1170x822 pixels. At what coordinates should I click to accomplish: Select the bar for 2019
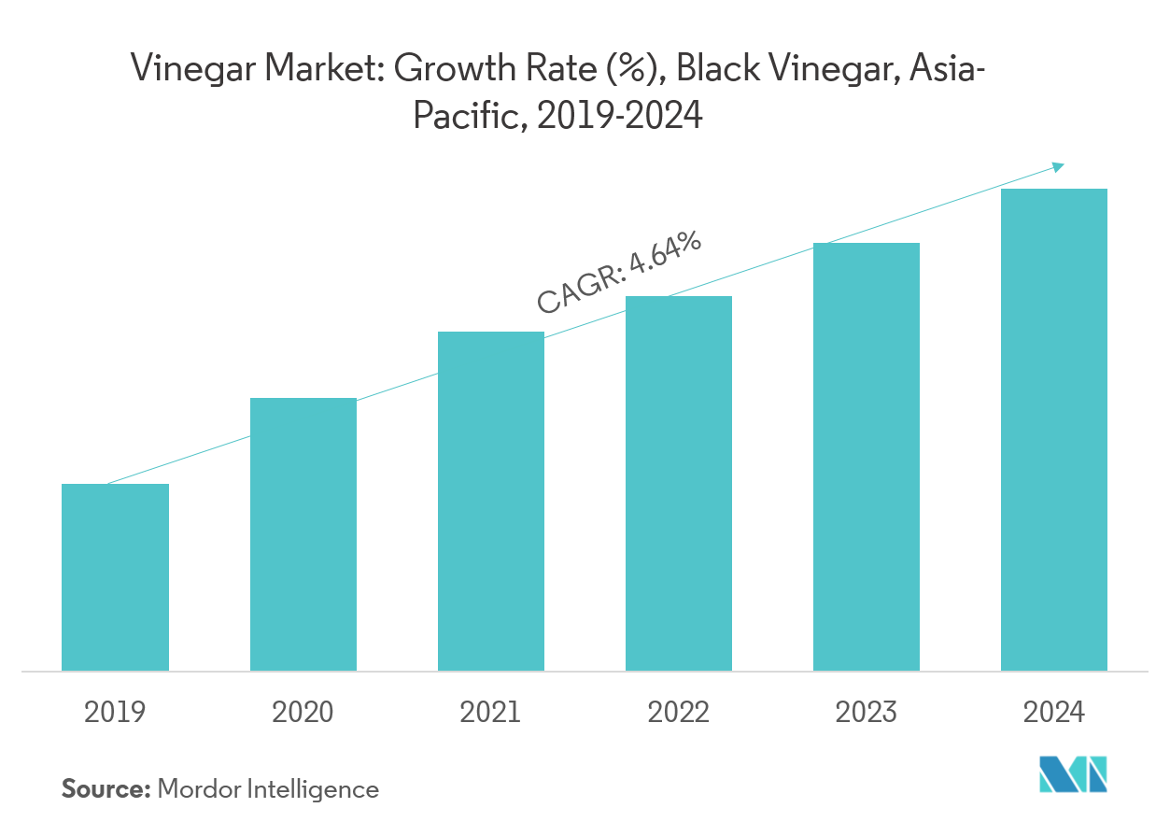click(115, 577)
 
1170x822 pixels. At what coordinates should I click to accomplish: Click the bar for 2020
click(303, 534)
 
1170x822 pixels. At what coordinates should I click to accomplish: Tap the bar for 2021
click(491, 501)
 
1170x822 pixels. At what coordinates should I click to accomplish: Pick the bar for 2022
click(679, 483)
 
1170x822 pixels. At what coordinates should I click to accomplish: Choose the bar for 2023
click(867, 457)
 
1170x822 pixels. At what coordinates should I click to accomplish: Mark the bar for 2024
click(1054, 430)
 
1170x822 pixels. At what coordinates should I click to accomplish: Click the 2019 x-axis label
click(115, 714)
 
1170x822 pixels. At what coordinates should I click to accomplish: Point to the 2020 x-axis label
click(303, 714)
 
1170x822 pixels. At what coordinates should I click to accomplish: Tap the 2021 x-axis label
click(491, 714)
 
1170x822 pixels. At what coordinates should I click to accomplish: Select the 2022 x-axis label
click(679, 714)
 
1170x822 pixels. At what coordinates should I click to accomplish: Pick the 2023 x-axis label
click(867, 714)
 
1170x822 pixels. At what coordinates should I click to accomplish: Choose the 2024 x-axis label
click(1054, 714)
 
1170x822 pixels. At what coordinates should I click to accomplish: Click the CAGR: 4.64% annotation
click(619, 272)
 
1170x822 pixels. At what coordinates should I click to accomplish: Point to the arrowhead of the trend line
click(1058, 166)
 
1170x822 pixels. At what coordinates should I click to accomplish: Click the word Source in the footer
click(106, 789)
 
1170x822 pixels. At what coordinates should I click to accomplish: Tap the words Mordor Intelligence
click(269, 789)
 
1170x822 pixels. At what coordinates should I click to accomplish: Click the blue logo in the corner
click(1073, 774)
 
